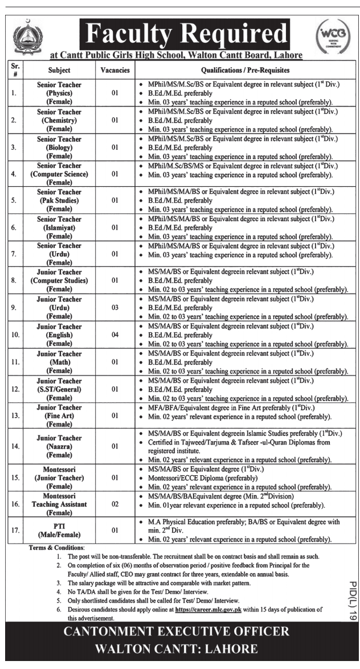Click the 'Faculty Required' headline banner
click(x=183, y=35)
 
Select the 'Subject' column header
click(x=59, y=71)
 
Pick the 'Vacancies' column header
click(x=114, y=71)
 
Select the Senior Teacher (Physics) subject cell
click(x=59, y=92)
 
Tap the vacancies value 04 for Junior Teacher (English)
click(x=114, y=335)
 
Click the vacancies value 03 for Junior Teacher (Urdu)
click(x=114, y=308)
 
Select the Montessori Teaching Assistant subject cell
click(x=59, y=504)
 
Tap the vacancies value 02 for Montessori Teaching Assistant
click(x=114, y=504)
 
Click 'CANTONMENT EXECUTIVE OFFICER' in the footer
click(x=180, y=632)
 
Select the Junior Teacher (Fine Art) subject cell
click(x=59, y=416)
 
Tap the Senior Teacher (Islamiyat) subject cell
click(x=59, y=227)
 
